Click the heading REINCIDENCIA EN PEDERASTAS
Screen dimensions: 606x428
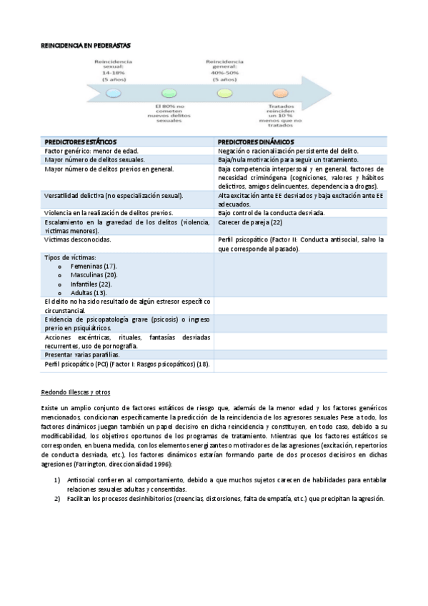(85, 44)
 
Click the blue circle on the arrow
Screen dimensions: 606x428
(113, 94)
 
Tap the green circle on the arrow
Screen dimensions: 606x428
(169, 94)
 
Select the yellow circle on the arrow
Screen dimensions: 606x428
(224, 94)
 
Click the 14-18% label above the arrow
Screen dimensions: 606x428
(114, 72)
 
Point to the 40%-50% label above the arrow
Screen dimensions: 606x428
(224, 72)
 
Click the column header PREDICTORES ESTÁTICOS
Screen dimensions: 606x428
(81, 141)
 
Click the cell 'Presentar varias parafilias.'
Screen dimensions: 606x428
(82, 354)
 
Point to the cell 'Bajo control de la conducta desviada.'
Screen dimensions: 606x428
(272, 213)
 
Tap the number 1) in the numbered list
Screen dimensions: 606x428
(56, 481)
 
